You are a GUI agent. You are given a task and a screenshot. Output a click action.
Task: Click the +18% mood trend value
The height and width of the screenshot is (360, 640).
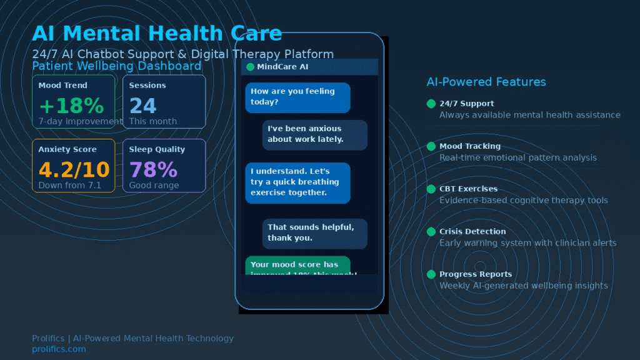[71, 106]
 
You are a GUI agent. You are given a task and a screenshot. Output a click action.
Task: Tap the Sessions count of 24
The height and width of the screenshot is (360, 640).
[142, 106]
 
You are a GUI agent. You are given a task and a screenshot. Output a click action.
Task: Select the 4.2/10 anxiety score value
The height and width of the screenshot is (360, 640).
[74, 169]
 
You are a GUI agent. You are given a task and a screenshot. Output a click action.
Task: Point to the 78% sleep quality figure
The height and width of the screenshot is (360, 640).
[153, 169]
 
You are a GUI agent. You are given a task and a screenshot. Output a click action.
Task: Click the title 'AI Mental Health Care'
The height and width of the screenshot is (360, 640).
[157, 33]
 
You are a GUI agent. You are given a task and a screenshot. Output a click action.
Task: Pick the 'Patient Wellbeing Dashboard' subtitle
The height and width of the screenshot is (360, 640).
[117, 66]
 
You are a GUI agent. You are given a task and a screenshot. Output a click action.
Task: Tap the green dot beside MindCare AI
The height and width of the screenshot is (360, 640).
[250, 67]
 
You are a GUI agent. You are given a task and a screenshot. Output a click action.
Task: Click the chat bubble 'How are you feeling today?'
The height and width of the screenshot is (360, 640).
[297, 97]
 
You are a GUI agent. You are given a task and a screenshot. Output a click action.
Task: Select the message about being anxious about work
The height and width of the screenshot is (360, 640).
[314, 134]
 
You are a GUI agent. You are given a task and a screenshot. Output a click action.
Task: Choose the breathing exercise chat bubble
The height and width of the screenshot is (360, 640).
[297, 182]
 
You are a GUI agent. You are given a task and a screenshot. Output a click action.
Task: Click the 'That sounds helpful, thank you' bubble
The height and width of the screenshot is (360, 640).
[314, 232]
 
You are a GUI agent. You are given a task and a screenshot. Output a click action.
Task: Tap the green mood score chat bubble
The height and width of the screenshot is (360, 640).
[297, 266]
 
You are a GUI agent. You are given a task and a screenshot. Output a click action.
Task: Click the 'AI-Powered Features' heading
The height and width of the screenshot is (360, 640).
[486, 82]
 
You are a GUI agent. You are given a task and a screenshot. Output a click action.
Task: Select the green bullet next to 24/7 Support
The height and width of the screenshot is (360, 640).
[431, 104]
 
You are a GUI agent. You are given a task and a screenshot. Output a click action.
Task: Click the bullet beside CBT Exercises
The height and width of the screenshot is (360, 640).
[431, 189]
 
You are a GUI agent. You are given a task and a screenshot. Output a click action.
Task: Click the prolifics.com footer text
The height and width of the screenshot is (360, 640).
[59, 349]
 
